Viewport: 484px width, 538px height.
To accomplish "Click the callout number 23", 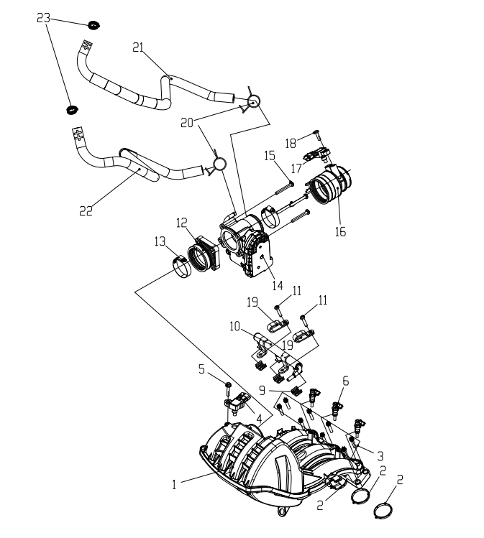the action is pos(43,18).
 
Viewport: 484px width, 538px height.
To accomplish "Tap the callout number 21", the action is pos(138,47).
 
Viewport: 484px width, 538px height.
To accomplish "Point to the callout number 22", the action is pos(86,210).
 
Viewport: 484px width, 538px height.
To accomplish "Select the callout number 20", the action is pos(187,123).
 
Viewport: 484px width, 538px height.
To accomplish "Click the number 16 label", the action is pos(340,231).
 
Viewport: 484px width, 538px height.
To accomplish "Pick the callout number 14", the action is pos(278,285).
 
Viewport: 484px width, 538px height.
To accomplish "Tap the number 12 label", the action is pos(182,223).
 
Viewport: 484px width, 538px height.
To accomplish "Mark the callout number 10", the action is pos(234,326).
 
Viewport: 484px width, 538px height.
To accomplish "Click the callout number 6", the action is pos(346,381).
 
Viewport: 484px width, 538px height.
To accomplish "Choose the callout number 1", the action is pos(174,485).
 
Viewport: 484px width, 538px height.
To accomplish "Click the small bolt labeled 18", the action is pos(317,134).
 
